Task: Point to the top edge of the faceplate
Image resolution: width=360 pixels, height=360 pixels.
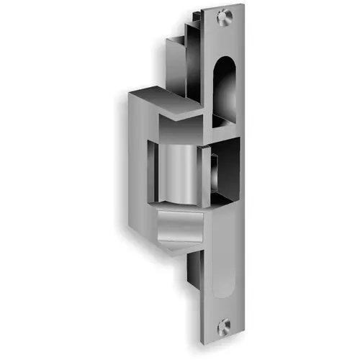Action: coord(224,6)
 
